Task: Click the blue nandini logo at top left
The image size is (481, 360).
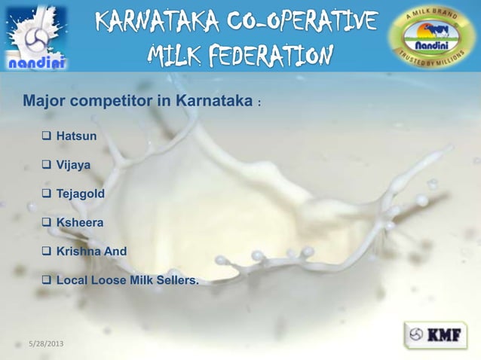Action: (37, 38)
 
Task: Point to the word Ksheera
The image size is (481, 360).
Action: (81, 223)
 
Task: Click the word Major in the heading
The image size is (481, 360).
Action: (42, 101)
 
